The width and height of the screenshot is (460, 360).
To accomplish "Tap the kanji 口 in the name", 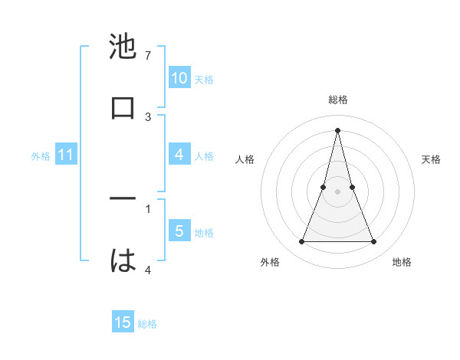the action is [x=123, y=106].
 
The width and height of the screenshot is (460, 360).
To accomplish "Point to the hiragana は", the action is [x=123, y=260].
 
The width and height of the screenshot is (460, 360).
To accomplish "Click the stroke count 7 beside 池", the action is [x=148, y=56].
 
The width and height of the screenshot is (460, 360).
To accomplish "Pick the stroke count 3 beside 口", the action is [x=148, y=116].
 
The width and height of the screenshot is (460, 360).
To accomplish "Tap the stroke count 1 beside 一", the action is [x=148, y=208].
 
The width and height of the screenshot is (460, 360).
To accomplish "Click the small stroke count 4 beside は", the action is [x=148, y=270].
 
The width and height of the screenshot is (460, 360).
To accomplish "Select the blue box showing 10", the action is [x=179, y=78].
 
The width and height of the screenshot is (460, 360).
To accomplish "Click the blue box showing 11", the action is [x=65, y=155].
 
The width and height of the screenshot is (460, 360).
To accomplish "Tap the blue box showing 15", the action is [x=123, y=322].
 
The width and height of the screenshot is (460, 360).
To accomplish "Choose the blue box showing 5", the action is [x=179, y=231].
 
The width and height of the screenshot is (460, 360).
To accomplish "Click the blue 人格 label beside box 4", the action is [x=204, y=155].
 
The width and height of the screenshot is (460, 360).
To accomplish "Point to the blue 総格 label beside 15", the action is [x=147, y=324].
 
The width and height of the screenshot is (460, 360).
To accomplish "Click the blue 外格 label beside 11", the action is [x=41, y=156].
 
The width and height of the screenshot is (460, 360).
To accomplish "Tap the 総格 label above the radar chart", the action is [x=337, y=100].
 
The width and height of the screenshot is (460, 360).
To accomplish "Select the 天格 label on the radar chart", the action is [x=432, y=159].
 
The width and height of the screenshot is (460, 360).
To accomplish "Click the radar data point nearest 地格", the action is [x=374, y=242].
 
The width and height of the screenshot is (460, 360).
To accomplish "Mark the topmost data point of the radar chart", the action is [x=337, y=129].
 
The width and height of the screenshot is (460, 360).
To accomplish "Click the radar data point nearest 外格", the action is [x=301, y=242].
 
